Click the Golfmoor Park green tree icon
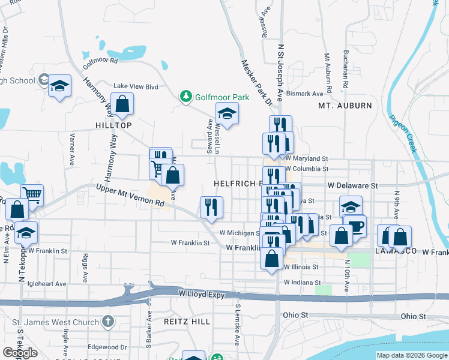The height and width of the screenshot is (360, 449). (x=187, y=97)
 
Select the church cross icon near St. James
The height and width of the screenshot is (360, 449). (x=107, y=322)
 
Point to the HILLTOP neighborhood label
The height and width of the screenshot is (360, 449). (x=113, y=125)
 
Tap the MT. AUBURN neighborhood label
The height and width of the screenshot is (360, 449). (x=345, y=106)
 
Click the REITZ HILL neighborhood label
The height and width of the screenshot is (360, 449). (x=187, y=322)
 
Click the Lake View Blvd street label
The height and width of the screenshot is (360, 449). (x=136, y=86)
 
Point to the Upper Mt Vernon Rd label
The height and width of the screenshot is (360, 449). (x=130, y=196)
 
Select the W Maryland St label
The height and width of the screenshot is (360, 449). (x=307, y=158)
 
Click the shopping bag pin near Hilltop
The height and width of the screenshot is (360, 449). (x=122, y=104)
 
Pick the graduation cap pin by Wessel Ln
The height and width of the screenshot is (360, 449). (x=227, y=113)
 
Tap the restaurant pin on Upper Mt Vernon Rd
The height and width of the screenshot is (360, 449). (x=211, y=207)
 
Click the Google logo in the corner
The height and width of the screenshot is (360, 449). (x=20, y=353)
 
